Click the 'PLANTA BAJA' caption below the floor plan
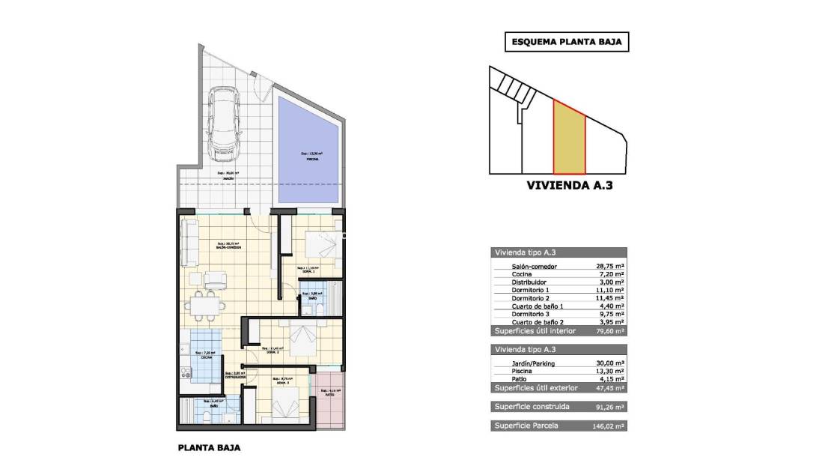[209, 450]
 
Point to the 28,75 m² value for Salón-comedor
[611, 267]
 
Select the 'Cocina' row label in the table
[523, 275]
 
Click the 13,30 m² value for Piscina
[611, 372]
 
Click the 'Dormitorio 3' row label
[531, 315]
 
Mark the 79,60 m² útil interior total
[611, 330]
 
